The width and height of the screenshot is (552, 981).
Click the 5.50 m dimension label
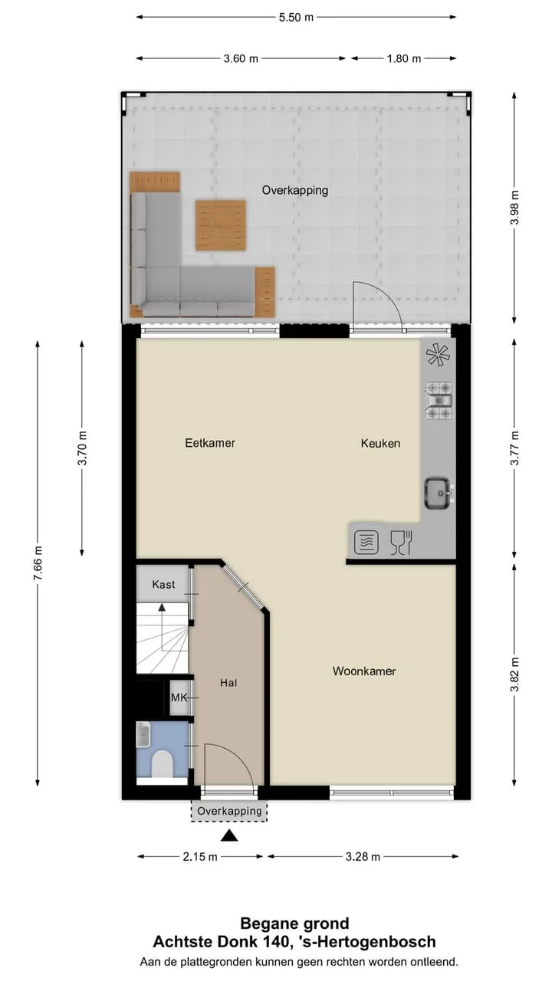tap(296, 18)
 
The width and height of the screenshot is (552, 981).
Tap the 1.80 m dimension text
tap(403, 58)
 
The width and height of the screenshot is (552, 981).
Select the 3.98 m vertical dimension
tap(514, 208)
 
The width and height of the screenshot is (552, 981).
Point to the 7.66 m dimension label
tap(38, 563)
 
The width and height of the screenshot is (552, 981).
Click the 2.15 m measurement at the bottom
tap(200, 856)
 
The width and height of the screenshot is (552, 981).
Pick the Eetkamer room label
tap(210, 443)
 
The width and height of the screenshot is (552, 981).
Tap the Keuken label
tap(380, 443)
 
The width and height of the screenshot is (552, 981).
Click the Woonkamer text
tap(364, 671)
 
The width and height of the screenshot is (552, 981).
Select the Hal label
tap(228, 682)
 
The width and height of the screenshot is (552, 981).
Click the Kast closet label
tap(163, 584)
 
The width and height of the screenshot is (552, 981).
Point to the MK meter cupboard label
tap(179, 697)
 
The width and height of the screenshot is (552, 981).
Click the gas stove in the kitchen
tap(439, 400)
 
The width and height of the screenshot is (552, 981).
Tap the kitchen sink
tap(439, 494)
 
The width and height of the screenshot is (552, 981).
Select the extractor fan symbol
tap(438, 355)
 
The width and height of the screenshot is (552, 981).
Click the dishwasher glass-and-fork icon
tap(401, 543)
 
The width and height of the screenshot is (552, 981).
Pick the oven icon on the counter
tap(366, 543)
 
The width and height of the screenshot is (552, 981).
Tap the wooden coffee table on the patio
tap(220, 225)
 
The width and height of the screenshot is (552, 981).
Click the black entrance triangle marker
tap(229, 835)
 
